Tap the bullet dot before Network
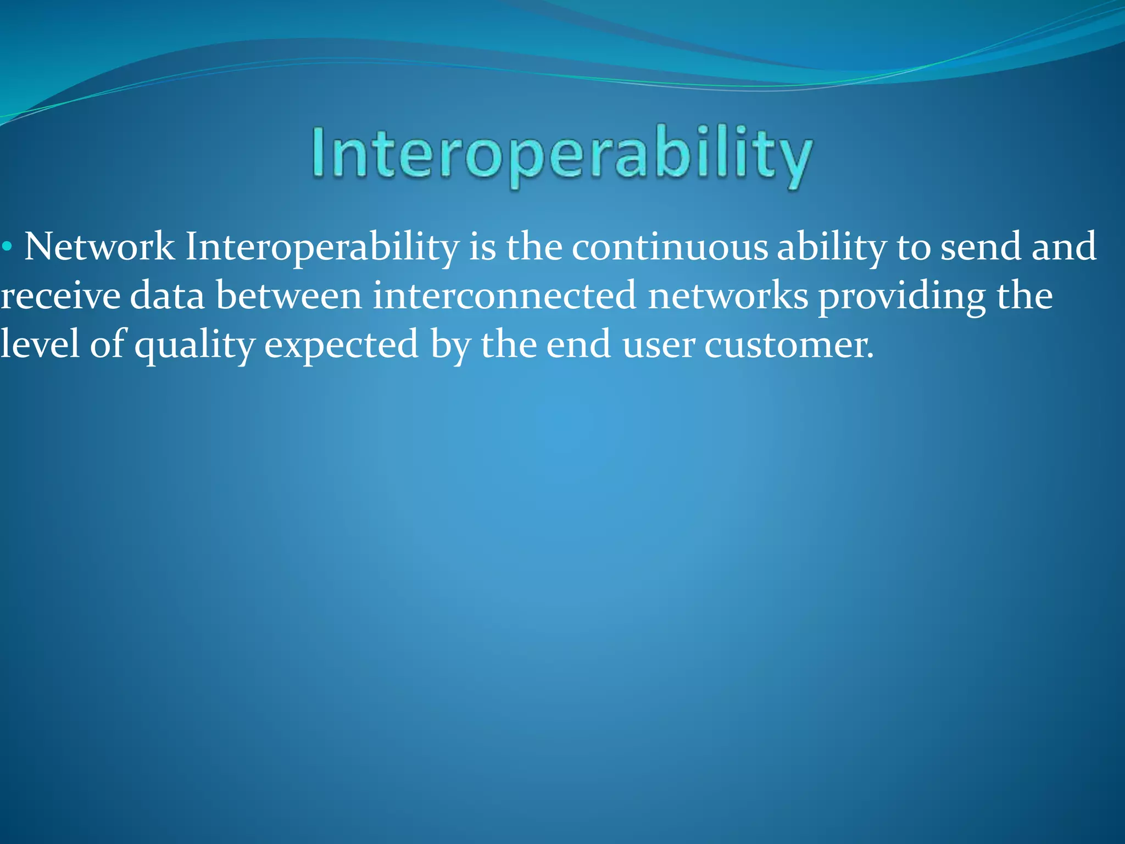[x=7, y=247]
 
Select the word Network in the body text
[x=99, y=247]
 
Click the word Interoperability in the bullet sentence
[x=322, y=247]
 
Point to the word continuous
[x=669, y=247]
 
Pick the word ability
[x=831, y=247]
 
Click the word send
[x=981, y=247]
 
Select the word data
[x=167, y=296]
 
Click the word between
[x=289, y=296]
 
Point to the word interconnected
[x=504, y=296]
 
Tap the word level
[x=40, y=345]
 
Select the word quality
[x=194, y=345]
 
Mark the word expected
[x=341, y=345]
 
